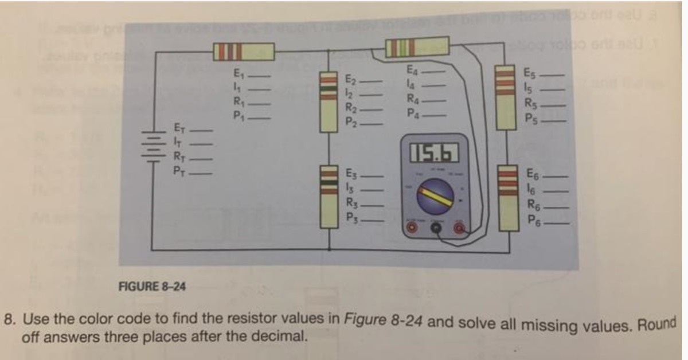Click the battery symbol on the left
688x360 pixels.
click(x=151, y=146)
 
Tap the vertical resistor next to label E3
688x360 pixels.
click(x=328, y=197)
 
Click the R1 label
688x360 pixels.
click(x=238, y=104)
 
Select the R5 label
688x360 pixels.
click(x=530, y=104)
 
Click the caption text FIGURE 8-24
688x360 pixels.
click(x=152, y=285)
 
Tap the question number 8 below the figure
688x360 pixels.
click(x=9, y=319)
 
